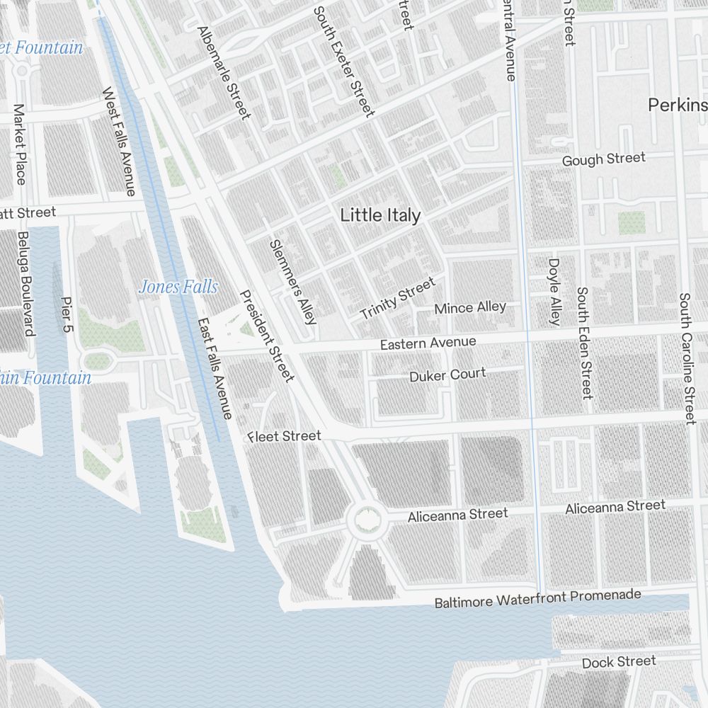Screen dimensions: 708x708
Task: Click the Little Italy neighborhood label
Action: pyautogui.click(x=380, y=215)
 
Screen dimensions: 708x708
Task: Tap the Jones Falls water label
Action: pyautogui.click(x=178, y=287)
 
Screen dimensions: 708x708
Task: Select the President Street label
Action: pyautogui.click(x=266, y=336)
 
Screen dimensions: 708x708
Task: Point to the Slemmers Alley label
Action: pyautogui.click(x=292, y=281)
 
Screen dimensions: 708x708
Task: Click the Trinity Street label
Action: pyautogui.click(x=397, y=299)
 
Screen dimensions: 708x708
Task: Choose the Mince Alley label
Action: pyautogui.click(x=470, y=307)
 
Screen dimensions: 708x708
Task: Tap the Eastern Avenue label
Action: pyautogui.click(x=428, y=343)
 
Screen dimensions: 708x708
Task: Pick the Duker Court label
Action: pyautogui.click(x=447, y=375)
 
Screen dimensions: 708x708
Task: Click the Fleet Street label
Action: pyautogui.click(x=285, y=436)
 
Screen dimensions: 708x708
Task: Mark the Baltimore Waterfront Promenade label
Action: pyautogui.click(x=537, y=599)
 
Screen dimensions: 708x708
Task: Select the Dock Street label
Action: pyautogui.click(x=619, y=662)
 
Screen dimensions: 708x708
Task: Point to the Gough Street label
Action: pyautogui.click(x=603, y=159)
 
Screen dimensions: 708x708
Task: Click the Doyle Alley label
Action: pyautogui.click(x=554, y=292)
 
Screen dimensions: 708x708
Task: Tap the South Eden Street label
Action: pyautogui.click(x=584, y=343)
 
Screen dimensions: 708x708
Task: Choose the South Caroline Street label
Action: pyautogui.click(x=686, y=358)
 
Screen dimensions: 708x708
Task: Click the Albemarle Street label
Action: pyautogui.click(x=224, y=73)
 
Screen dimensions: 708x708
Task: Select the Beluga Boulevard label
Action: pyautogui.click(x=26, y=284)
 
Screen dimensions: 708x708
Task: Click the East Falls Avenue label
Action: pyautogui.click(x=215, y=367)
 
